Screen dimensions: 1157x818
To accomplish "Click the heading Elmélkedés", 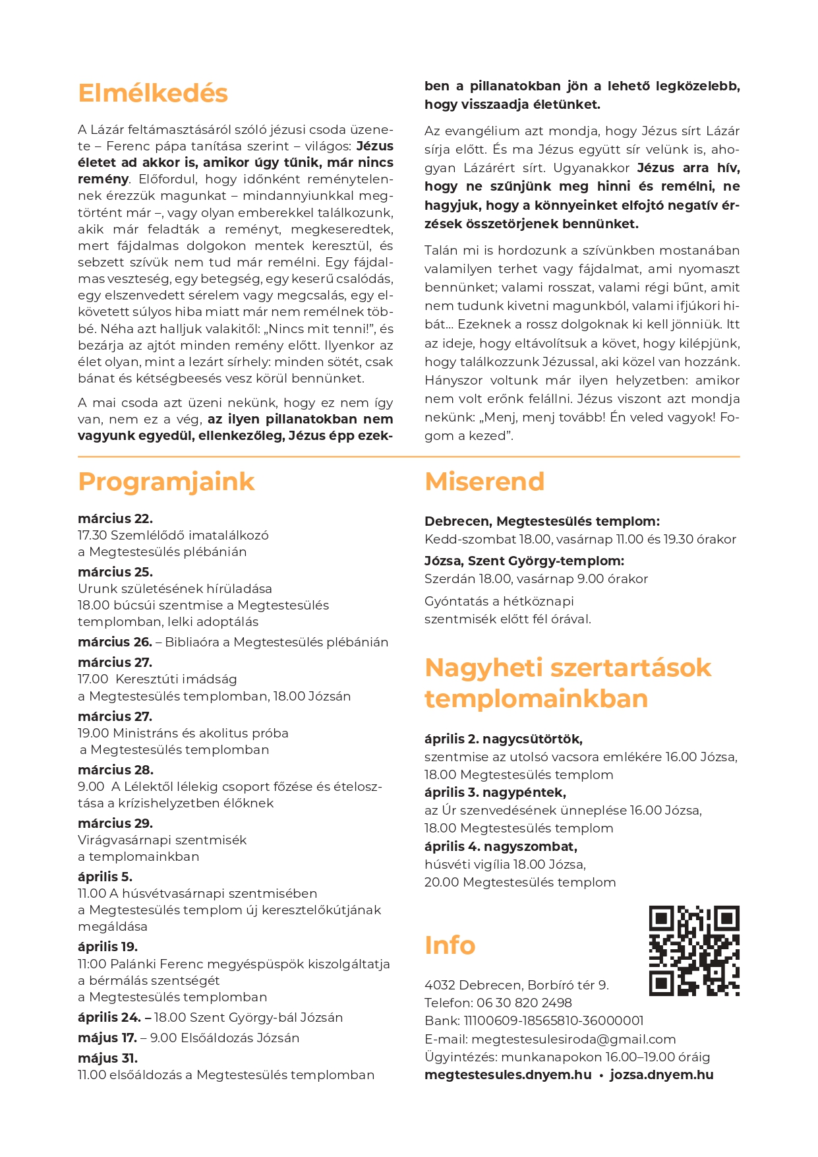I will click(x=152, y=93).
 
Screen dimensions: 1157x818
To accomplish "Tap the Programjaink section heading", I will click(x=165, y=482).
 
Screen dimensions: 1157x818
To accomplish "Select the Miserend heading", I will click(x=484, y=482).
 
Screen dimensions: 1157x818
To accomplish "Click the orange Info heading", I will click(x=450, y=945).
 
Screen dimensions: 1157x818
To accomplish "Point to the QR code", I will click(x=694, y=951).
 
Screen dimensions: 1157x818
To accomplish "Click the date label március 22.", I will click(x=115, y=518).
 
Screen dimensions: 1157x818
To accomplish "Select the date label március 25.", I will click(x=115, y=572).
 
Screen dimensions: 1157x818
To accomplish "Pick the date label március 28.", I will click(x=115, y=770).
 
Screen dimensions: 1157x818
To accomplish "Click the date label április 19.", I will click(x=107, y=947).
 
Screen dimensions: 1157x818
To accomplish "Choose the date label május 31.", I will click(x=107, y=1058).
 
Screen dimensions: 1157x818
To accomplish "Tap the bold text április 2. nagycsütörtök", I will click(x=504, y=739).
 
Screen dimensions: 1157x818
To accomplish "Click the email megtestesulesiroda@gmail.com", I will click(x=573, y=1039).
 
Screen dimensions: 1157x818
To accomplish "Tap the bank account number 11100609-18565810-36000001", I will click(x=554, y=1020).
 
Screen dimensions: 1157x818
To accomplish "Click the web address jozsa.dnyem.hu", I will click(x=662, y=1075).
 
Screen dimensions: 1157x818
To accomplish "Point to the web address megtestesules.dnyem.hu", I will click(x=508, y=1075).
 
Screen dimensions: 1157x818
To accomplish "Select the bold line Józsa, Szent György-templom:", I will click(x=524, y=561).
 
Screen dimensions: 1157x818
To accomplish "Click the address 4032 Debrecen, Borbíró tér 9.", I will click(x=517, y=985).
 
